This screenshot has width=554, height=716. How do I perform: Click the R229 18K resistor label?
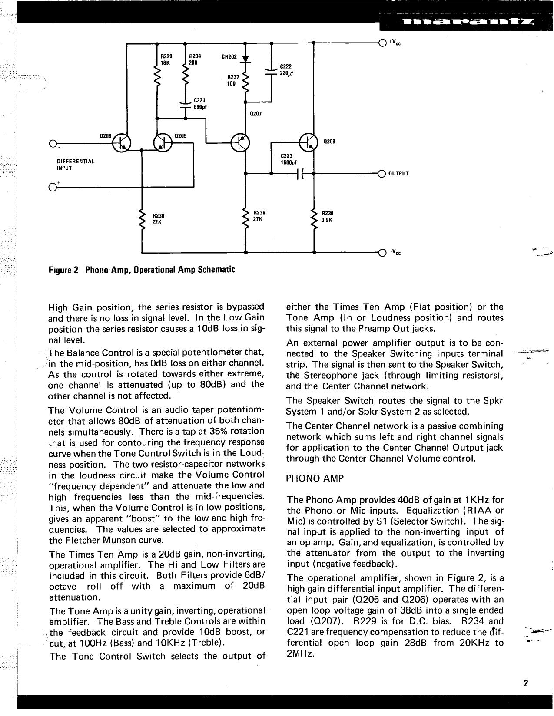point(166,59)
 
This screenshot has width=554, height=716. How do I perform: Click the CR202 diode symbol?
point(245,59)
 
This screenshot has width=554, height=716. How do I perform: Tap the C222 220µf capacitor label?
point(286,70)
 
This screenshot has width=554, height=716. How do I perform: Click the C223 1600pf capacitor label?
point(289,159)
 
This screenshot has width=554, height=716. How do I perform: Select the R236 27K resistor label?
point(259,216)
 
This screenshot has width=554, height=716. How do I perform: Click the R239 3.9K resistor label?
point(327,217)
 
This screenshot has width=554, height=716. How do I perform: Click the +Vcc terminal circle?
point(382,43)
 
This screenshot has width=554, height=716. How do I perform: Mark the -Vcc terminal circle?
point(382,252)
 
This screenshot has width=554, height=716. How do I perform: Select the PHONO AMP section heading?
point(315,479)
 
